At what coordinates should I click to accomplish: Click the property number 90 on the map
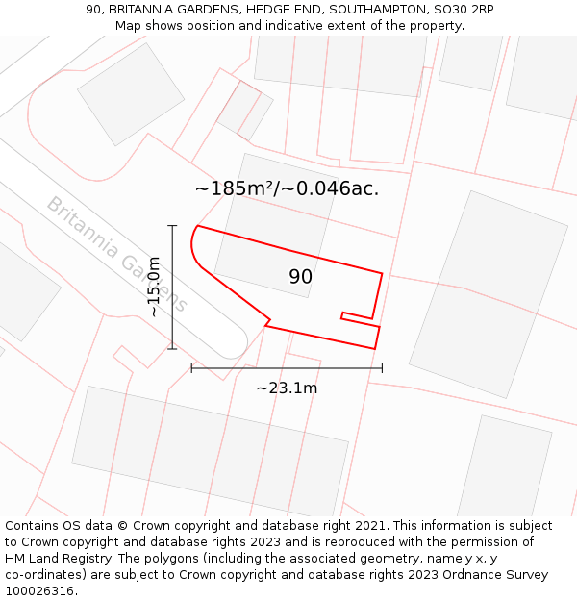coord(300,277)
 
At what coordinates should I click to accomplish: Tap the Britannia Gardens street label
coord(116,254)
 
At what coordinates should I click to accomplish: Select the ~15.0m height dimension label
coord(154,287)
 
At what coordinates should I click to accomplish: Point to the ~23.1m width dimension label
coord(287,388)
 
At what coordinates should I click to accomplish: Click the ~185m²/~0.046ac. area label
coord(287,188)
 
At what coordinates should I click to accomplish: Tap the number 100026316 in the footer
coord(41,590)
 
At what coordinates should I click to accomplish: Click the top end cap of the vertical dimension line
coord(172,226)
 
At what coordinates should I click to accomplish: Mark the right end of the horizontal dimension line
coord(382,367)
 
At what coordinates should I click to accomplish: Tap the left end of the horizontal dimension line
coord(191,367)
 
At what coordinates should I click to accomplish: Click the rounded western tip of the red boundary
coord(193,245)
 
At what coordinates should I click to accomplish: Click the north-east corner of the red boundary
coord(382,274)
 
